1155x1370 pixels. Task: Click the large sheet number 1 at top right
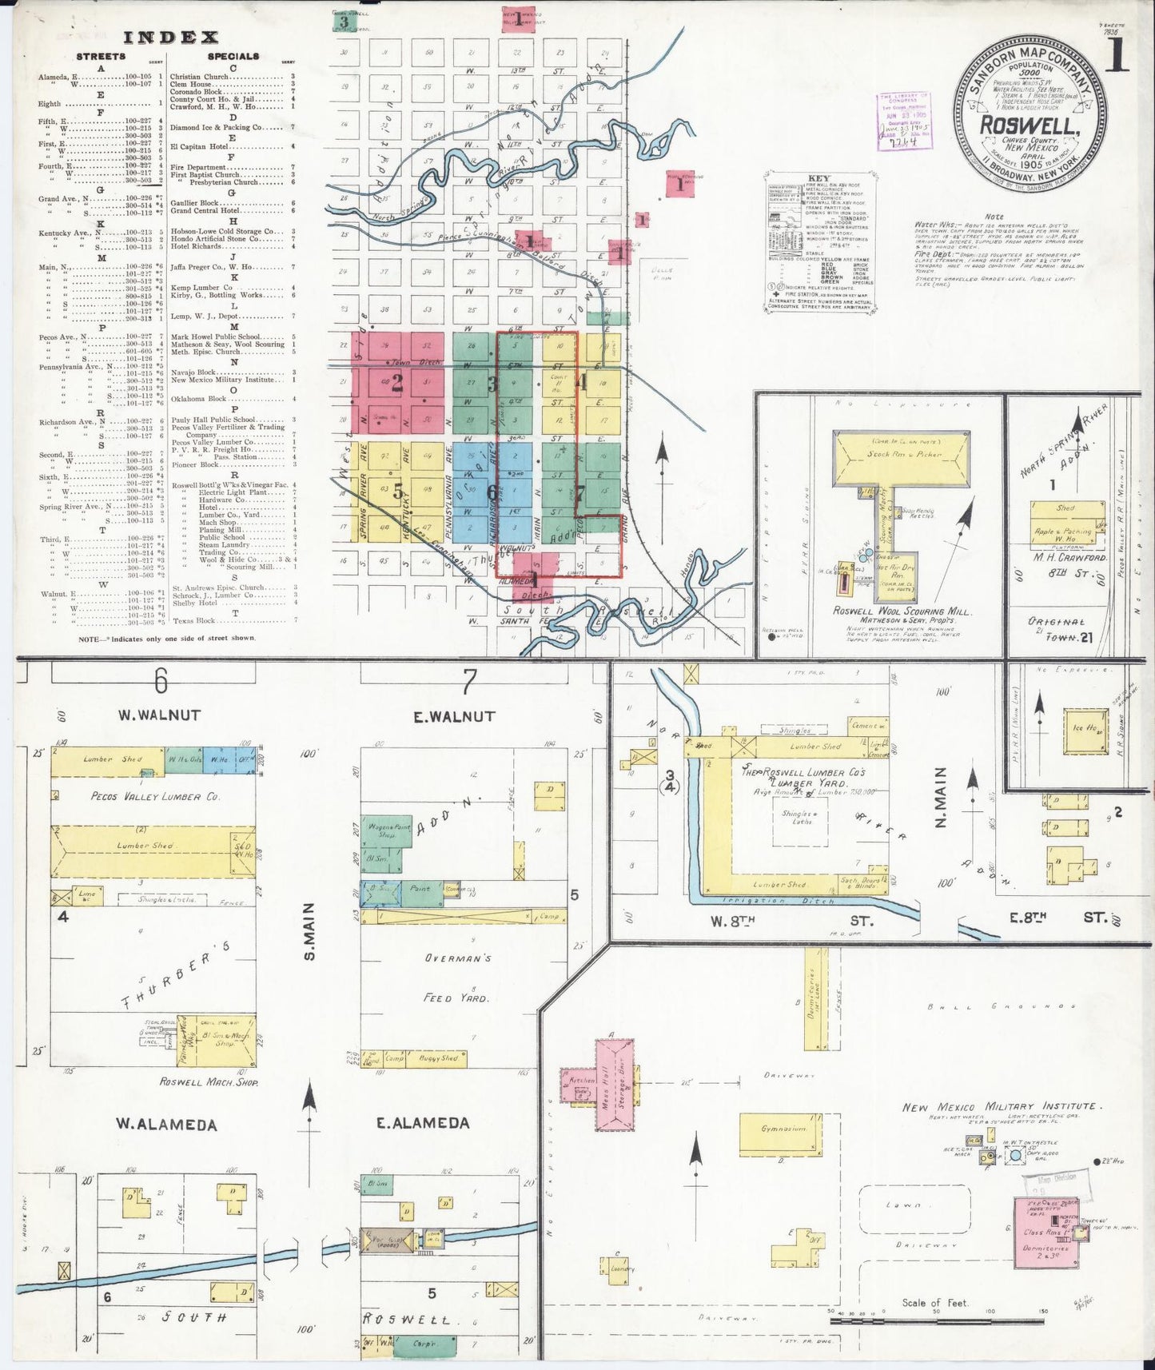pos(1118,57)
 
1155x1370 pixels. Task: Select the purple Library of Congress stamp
pos(903,121)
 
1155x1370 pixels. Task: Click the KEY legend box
pos(819,239)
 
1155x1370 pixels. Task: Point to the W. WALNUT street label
pos(159,715)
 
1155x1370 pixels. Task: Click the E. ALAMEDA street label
pos(423,1123)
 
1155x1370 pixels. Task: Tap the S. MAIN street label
pos(309,930)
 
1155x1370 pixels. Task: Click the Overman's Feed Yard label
pos(458,978)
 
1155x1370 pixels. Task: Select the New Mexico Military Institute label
pos(1002,1107)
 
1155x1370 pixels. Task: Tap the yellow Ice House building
pos(1085,730)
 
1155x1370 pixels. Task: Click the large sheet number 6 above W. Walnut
pos(161,681)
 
